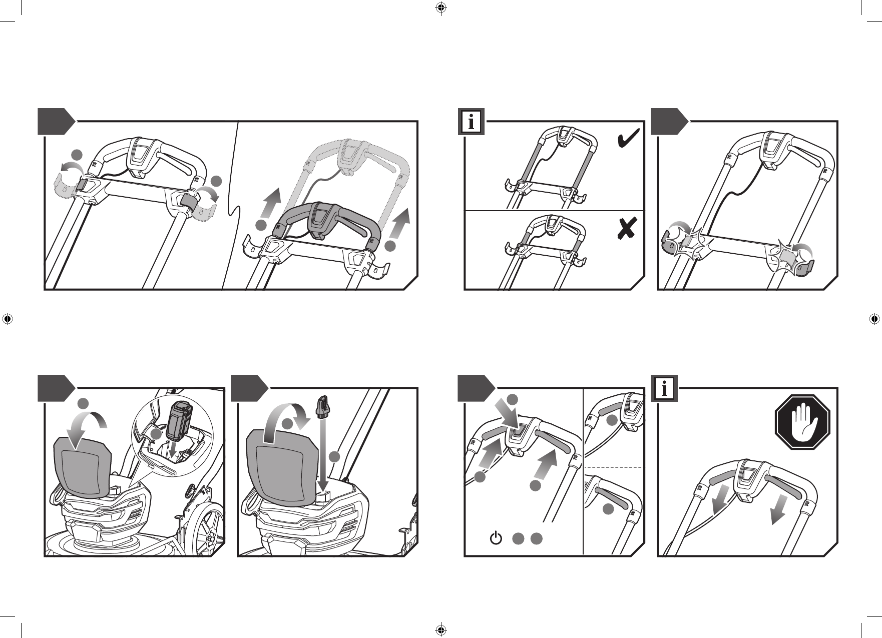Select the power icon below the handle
495,538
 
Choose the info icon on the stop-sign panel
664,388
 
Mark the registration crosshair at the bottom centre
440,629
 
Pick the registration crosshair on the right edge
874,318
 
